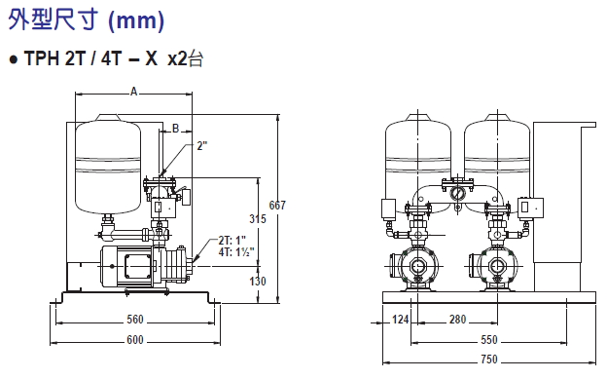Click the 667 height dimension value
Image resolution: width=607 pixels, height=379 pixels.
[x=277, y=205]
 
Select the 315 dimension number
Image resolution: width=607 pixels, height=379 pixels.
[x=258, y=219]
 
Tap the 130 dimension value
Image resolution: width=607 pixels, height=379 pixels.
[x=258, y=281]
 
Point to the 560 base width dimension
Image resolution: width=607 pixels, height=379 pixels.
[x=135, y=320]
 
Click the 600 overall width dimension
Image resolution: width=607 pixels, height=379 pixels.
[x=135, y=340]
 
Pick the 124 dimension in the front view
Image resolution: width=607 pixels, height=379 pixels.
[x=400, y=320]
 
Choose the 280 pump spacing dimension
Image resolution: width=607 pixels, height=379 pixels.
[x=457, y=320]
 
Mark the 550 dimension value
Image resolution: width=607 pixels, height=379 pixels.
[x=489, y=340]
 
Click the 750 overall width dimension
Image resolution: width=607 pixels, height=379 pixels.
[x=489, y=360]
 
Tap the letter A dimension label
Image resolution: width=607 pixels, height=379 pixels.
[x=133, y=92]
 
